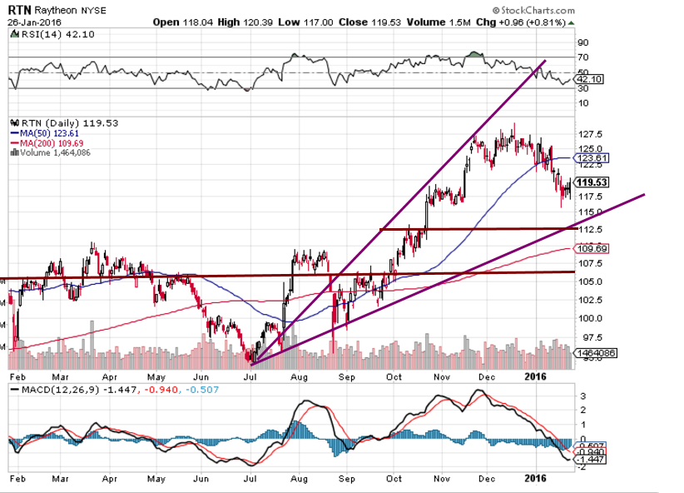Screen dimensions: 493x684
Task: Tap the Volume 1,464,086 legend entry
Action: click(x=52, y=152)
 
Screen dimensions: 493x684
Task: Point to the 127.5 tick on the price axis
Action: click(x=589, y=134)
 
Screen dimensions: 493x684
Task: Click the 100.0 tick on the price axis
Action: click(x=589, y=318)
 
